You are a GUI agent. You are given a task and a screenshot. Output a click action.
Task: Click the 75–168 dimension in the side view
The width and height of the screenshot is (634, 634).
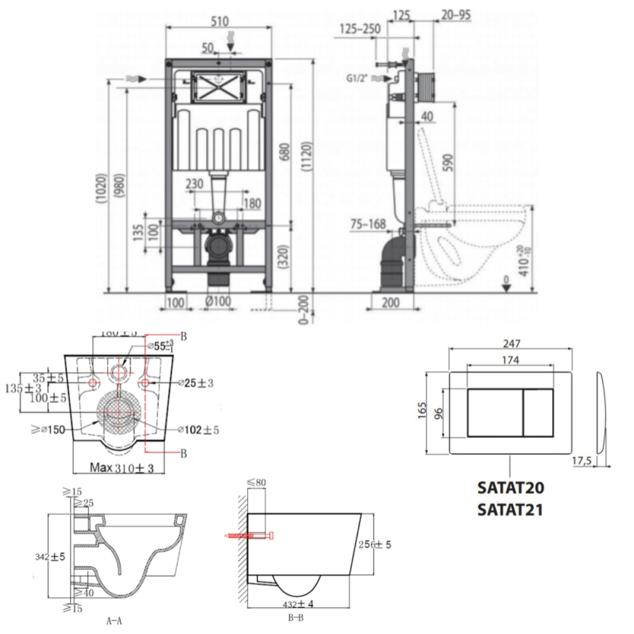(368, 224)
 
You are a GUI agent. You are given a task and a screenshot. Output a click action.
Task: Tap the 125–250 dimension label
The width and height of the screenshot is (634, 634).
(359, 29)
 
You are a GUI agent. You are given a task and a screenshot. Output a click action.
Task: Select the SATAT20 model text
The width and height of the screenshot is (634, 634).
(510, 487)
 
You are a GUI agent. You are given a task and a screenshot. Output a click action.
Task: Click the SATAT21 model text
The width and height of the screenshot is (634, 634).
(510, 509)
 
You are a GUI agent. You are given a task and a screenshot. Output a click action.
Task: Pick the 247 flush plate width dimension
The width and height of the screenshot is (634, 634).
(511, 343)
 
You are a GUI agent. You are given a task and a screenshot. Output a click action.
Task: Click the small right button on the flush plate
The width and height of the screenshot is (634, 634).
(537, 413)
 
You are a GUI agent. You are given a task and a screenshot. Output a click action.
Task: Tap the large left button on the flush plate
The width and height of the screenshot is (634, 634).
(494, 413)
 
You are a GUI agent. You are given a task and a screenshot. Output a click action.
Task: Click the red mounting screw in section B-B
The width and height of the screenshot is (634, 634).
(249, 536)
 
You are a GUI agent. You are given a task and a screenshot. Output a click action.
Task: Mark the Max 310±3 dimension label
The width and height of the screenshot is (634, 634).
(121, 467)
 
